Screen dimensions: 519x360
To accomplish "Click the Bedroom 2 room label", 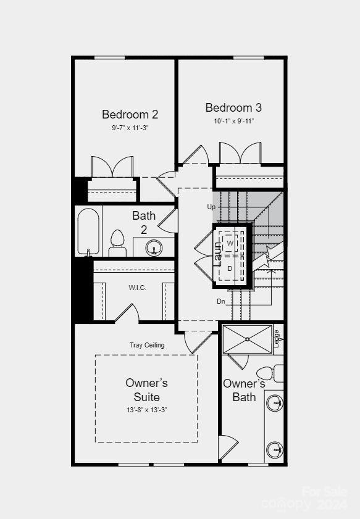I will pyautogui.click(x=130, y=114).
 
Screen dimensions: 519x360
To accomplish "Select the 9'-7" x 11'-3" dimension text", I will pyautogui.click(x=130, y=128).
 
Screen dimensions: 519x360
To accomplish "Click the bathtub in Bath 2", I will pyautogui.click(x=89, y=231).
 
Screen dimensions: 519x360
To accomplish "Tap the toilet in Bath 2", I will pyautogui.click(x=117, y=243).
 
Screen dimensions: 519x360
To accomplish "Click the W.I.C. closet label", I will pyautogui.click(x=137, y=288).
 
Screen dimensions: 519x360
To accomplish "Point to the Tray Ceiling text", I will pyautogui.click(x=147, y=345).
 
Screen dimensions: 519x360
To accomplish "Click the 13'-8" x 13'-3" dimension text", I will pyautogui.click(x=146, y=409).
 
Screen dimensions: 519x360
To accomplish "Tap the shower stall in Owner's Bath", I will pyautogui.click(x=247, y=339).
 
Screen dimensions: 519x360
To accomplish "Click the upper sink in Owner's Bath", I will pyautogui.click(x=275, y=404).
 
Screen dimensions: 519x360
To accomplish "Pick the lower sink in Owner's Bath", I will pyautogui.click(x=275, y=448).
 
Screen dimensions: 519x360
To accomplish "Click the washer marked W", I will pyautogui.click(x=230, y=243).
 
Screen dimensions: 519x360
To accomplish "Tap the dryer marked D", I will pyautogui.click(x=230, y=268).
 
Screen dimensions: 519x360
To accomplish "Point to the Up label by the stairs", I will pyautogui.click(x=211, y=207).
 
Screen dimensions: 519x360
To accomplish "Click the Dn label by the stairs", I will pyautogui.click(x=220, y=302).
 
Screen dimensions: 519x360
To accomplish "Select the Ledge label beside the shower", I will pyautogui.click(x=277, y=338).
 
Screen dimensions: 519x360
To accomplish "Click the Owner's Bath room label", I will pyautogui.click(x=244, y=390).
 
